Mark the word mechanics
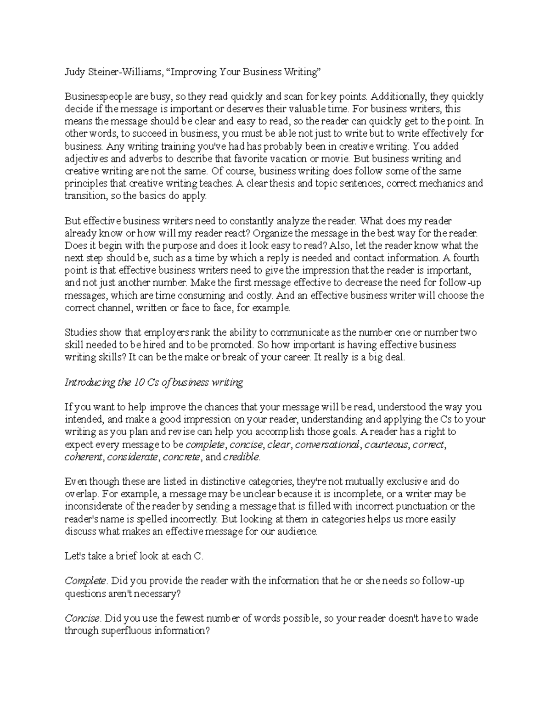[447, 184]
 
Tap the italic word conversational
[329, 444]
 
